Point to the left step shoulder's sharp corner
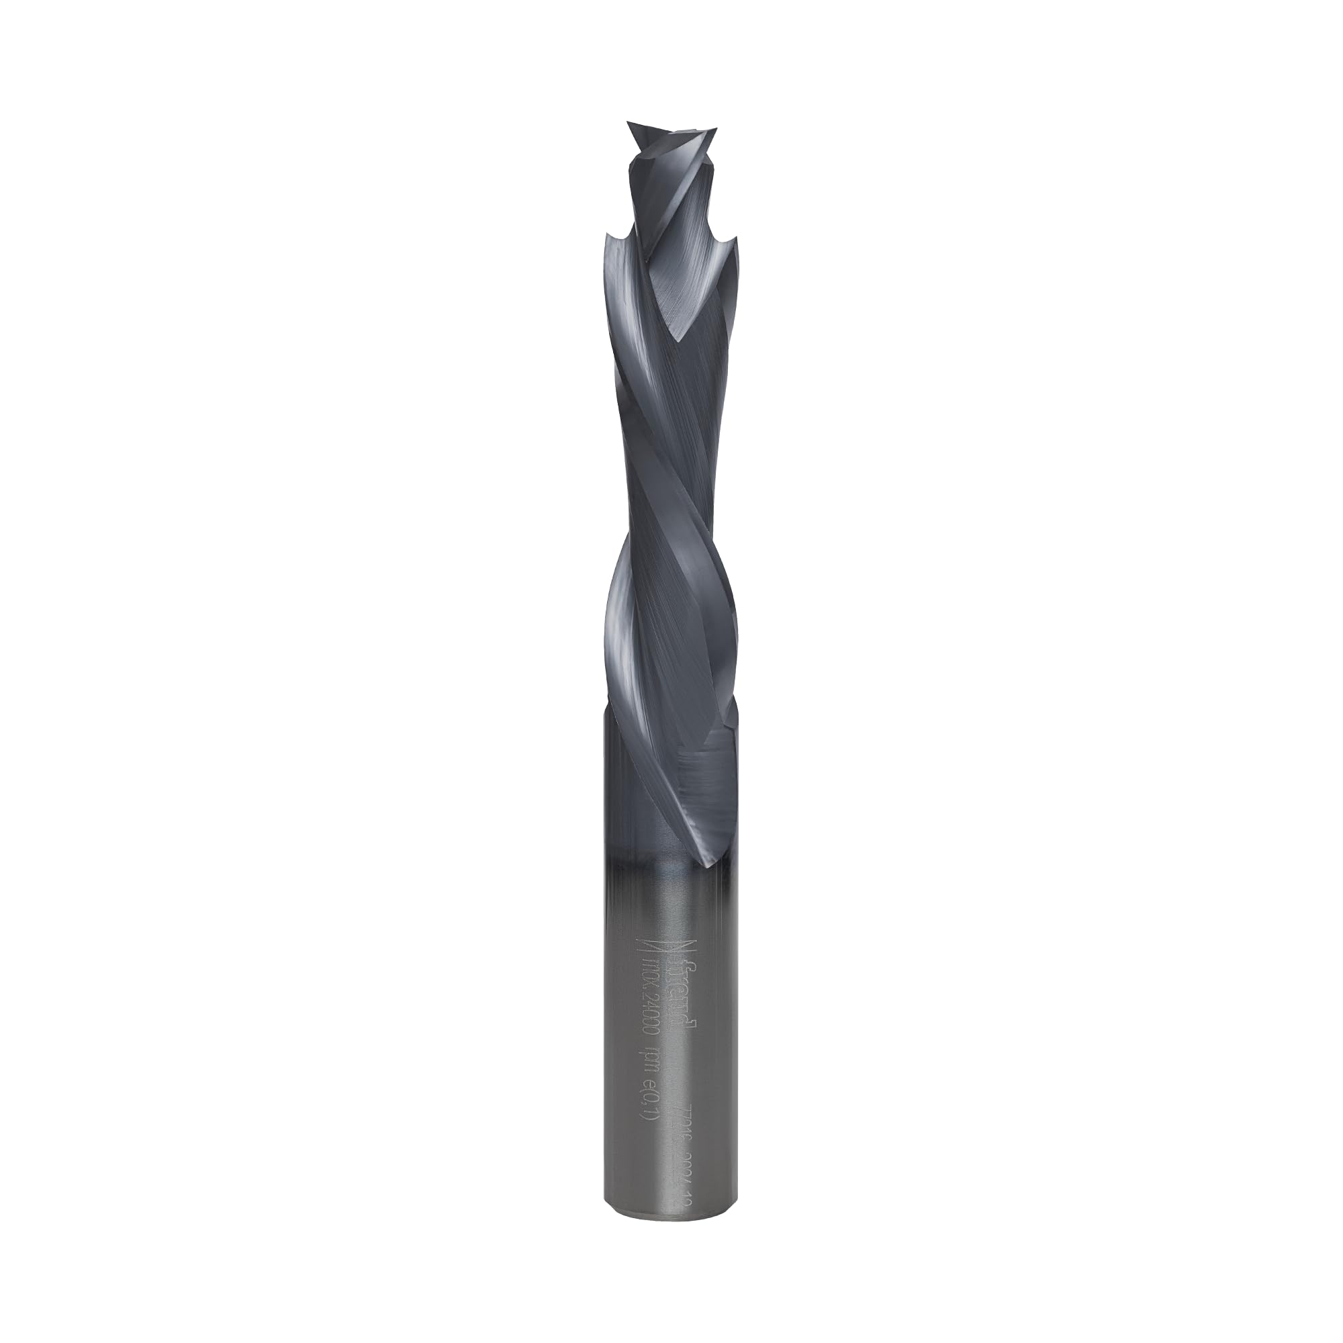tap(604, 237)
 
